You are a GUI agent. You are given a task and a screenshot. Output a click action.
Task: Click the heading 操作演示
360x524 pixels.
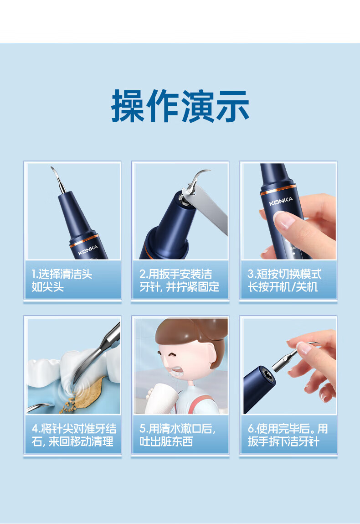click(x=180, y=106)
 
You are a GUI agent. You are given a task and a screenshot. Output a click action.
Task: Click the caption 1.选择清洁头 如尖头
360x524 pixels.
click(x=62, y=280)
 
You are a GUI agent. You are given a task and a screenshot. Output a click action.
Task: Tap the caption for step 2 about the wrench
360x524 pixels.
click(x=180, y=280)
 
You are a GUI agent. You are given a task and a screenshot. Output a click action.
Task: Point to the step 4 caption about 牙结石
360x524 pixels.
click(x=74, y=435)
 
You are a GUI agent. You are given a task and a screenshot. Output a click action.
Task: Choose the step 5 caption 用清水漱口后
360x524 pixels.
click(x=178, y=435)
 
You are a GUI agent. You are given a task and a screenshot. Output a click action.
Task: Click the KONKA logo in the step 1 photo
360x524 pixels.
click(x=88, y=249)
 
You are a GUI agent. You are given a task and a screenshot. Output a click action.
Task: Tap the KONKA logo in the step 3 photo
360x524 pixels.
click(x=281, y=202)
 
